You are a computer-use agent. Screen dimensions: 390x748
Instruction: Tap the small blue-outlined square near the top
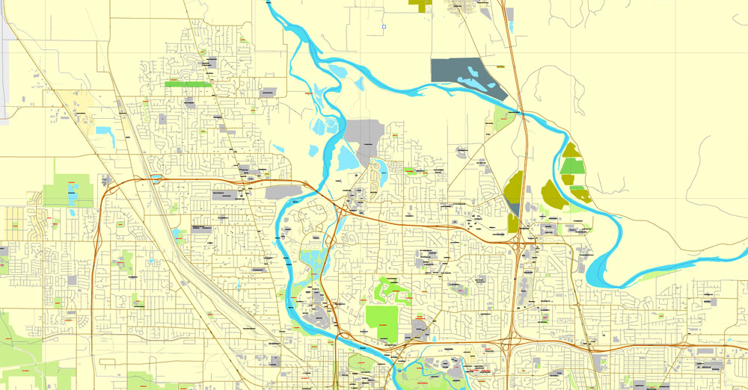coord(384,27)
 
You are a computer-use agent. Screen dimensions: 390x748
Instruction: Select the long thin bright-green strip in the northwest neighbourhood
coord(188,84)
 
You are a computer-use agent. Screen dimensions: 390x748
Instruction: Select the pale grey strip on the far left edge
coord(3,60)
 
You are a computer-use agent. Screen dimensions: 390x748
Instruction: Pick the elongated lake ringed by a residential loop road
coord(378,173)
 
